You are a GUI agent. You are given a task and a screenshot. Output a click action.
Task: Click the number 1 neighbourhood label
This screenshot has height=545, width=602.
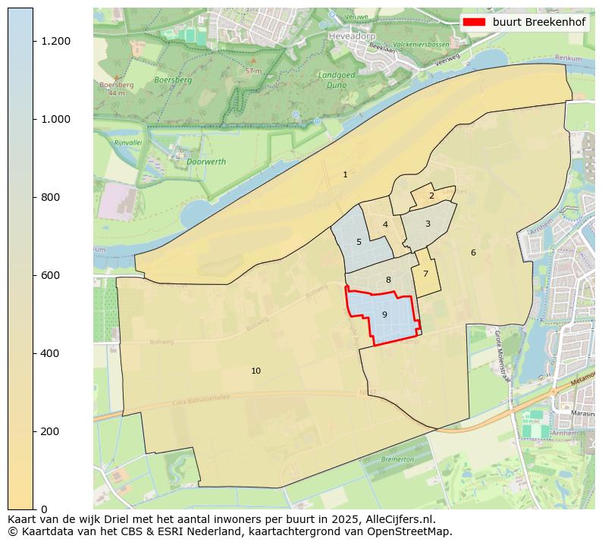tap(345, 175)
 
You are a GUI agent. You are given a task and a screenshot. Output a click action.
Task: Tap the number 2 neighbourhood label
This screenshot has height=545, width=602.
tap(431, 196)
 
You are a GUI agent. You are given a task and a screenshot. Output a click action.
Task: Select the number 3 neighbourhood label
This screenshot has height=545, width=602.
tap(428, 224)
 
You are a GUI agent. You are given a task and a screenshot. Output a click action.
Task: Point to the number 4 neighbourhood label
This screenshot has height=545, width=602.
tap(385, 225)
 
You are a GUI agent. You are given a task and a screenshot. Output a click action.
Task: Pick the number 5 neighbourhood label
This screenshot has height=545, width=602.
tap(359, 243)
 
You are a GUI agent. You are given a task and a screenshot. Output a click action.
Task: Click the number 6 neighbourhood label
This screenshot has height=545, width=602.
tap(473, 253)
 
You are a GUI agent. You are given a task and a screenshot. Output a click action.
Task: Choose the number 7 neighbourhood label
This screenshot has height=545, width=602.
tap(425, 274)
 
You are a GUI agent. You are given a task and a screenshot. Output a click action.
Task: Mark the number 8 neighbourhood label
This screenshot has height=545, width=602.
tap(388, 280)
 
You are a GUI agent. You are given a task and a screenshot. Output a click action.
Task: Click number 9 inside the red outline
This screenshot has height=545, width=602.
tap(384, 315)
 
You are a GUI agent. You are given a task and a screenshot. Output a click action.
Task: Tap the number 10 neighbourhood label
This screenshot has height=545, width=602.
tap(256, 371)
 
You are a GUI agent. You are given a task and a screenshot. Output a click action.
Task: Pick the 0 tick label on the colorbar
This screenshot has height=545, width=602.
tap(44, 509)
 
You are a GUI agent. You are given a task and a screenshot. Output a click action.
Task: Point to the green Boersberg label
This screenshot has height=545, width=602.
tap(173, 80)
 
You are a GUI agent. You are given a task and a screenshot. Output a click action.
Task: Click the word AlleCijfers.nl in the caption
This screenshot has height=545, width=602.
tap(397, 520)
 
